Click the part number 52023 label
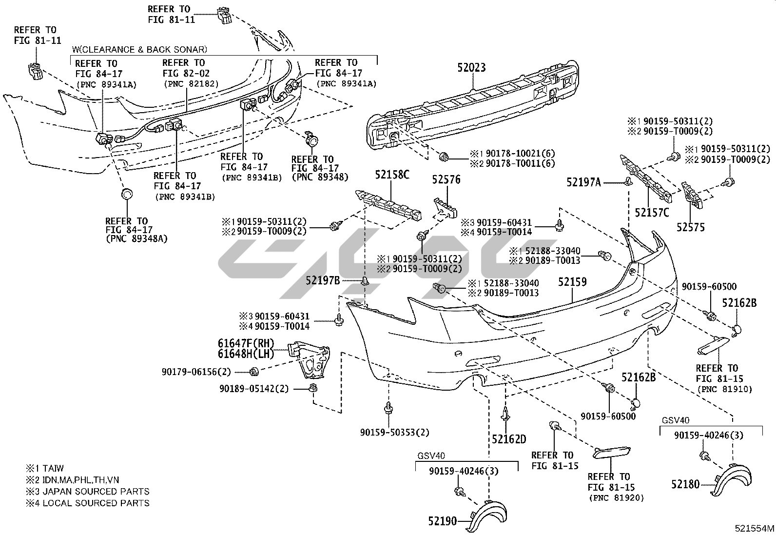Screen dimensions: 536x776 pos(471,68)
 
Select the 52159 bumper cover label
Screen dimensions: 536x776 pos(572,282)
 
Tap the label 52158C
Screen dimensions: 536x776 pos(392,175)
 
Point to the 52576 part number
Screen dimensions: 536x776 pos(446,180)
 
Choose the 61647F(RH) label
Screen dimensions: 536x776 pos(246,343)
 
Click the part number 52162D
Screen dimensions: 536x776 pos(509,439)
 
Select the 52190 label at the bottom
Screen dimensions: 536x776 pos(443,521)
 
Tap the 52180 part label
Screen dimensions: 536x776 pos(685,484)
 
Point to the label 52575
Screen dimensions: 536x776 pos(690,227)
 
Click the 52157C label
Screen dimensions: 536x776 pos(652,213)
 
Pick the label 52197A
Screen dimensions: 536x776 pos(583,182)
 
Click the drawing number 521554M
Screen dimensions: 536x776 pos(755,528)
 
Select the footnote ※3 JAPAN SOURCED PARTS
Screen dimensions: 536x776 pos(88,492)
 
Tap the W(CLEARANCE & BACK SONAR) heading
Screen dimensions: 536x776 pos(139,49)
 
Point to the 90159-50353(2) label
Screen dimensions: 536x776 pos(395,432)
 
